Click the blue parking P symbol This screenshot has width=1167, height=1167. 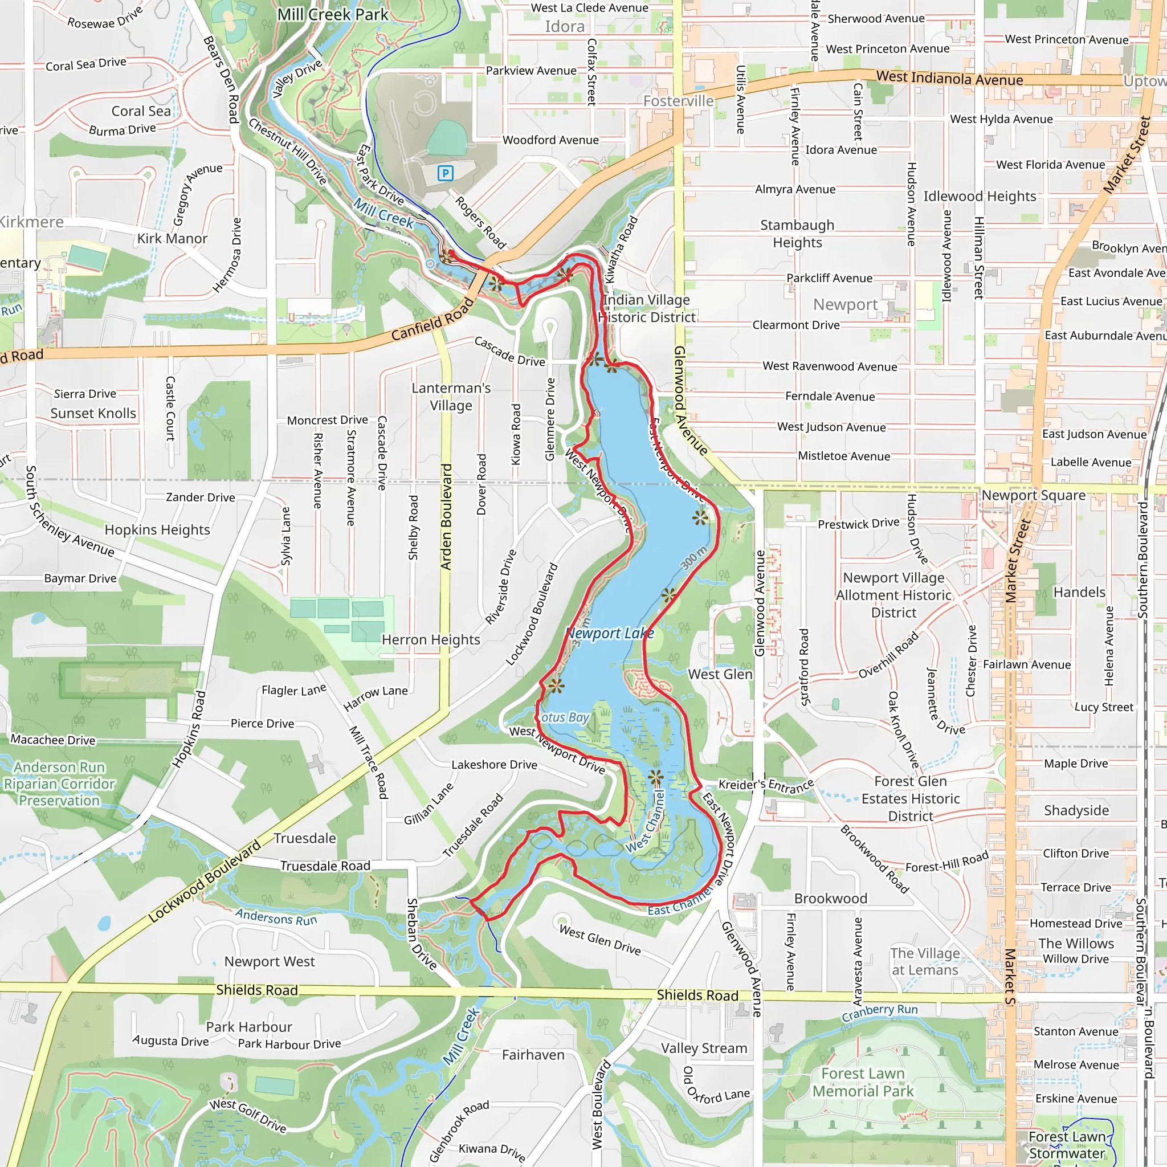click(x=445, y=174)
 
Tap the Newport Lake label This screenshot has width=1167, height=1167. click(x=610, y=634)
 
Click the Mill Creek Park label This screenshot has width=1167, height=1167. click(x=332, y=14)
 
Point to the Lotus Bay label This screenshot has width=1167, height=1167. click(x=564, y=717)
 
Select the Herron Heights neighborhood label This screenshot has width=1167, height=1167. click(x=431, y=640)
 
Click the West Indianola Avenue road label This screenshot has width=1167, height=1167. click(x=949, y=78)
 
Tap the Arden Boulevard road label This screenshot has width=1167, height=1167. click(x=446, y=516)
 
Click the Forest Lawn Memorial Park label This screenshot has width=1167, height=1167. click(x=863, y=1083)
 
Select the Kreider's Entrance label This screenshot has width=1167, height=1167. click(x=766, y=786)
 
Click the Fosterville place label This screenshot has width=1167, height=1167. click(x=678, y=101)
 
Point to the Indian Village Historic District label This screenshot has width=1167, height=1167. click(x=647, y=309)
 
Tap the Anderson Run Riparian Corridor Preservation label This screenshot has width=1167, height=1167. click(x=59, y=784)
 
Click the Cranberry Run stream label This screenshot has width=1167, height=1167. click(x=879, y=1013)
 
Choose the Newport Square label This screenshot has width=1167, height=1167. click(x=1033, y=495)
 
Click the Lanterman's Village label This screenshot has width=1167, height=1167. click(x=451, y=397)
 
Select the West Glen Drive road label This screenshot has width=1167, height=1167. click(x=599, y=940)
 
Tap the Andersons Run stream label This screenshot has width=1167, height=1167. click(x=275, y=917)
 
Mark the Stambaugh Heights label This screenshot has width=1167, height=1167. click(x=797, y=234)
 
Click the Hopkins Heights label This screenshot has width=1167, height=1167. click(x=157, y=530)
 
